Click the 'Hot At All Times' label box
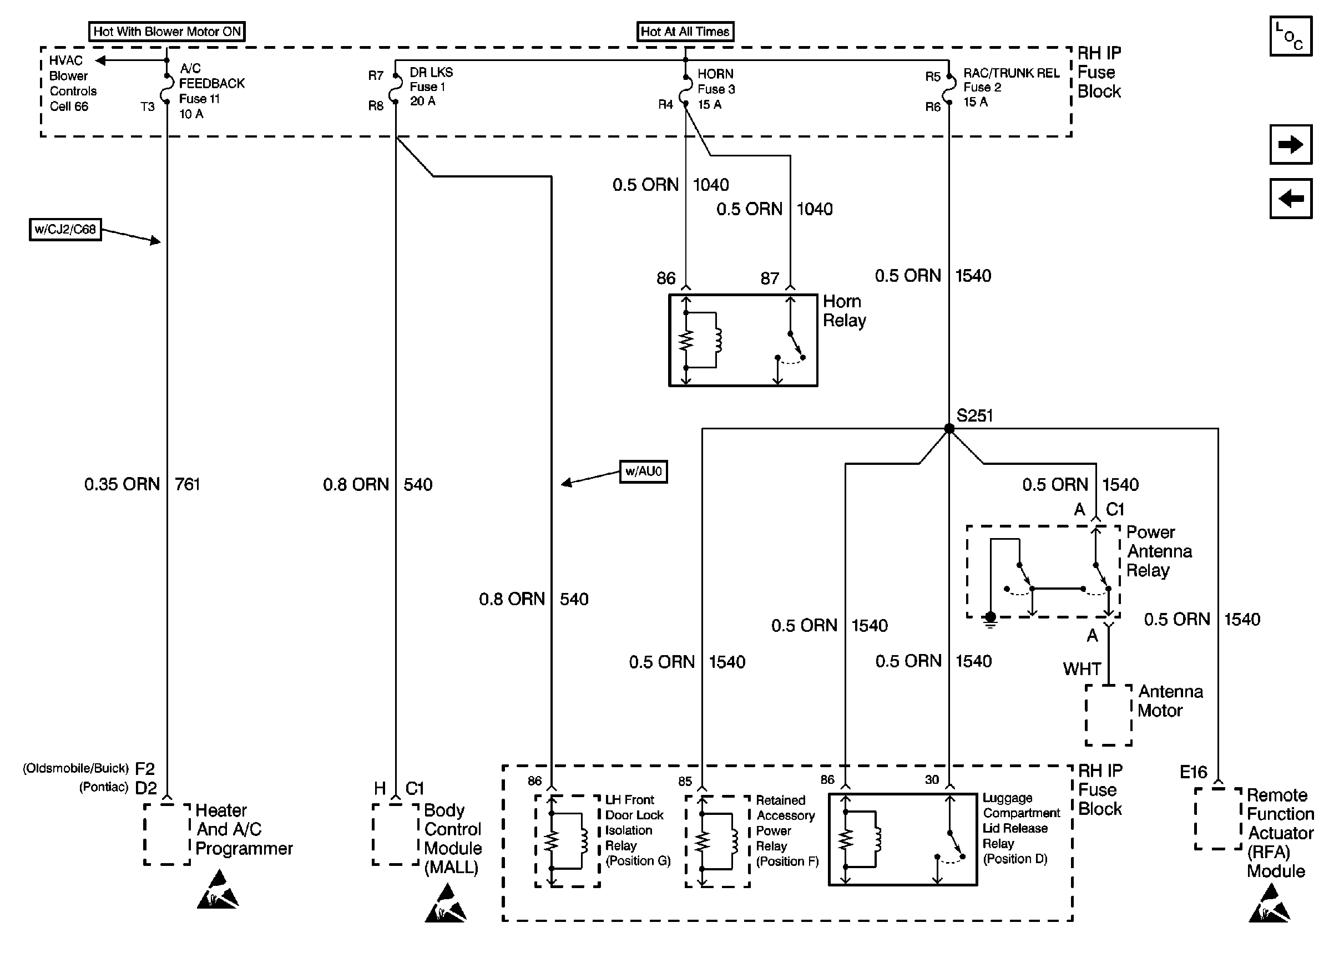[685, 32]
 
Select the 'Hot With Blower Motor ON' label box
[166, 32]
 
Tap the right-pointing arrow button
[1291, 144]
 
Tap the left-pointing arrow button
[1291, 199]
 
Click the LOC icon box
[1291, 37]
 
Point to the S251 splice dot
[949, 429]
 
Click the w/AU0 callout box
[643, 471]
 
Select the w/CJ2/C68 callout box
[65, 230]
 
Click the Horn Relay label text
[844, 311]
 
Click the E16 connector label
[1193, 772]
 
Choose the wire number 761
[187, 484]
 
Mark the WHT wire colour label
[1082, 669]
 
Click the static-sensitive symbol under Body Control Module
[446, 904]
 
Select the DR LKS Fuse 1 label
[431, 87]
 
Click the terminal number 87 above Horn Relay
[770, 278]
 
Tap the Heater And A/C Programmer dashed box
[167, 834]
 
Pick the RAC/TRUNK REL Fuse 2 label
[1010, 88]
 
